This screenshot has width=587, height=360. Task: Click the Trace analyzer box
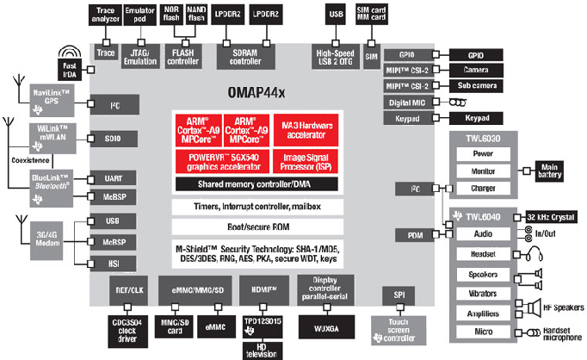[x=107, y=15]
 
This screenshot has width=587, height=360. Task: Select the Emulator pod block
[x=140, y=15]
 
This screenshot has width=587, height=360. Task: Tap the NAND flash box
[x=196, y=15]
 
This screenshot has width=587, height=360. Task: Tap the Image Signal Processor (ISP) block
[x=305, y=160]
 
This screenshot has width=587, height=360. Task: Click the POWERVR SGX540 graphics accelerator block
[x=221, y=160]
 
